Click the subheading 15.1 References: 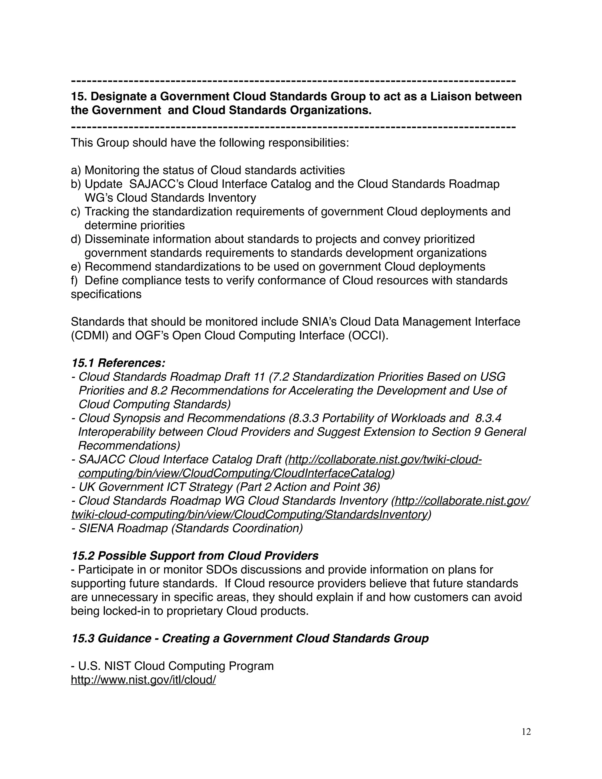(118, 363)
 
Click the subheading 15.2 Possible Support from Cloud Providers (195, 556)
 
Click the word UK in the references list (86, 487)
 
